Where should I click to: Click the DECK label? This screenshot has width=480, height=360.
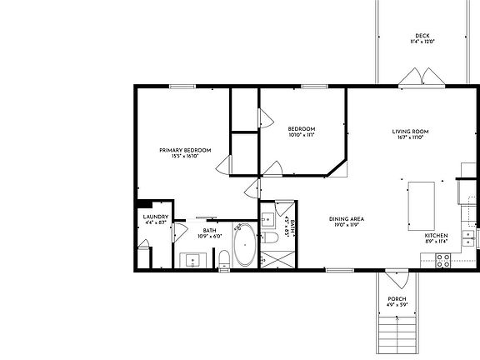(x=422, y=35)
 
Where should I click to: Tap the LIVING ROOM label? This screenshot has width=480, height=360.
(x=410, y=131)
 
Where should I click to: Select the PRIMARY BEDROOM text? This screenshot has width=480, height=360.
(x=185, y=150)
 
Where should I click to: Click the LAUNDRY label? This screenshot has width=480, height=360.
(x=156, y=217)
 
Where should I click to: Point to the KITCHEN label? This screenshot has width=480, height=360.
(x=436, y=236)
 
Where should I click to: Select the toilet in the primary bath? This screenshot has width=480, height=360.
(x=223, y=259)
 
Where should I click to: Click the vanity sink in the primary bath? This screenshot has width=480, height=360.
(x=192, y=259)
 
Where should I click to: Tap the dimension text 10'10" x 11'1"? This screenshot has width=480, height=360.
(x=301, y=134)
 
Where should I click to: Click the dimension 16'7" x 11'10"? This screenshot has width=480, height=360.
(x=410, y=137)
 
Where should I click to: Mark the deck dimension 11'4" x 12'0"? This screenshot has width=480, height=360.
(x=422, y=42)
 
